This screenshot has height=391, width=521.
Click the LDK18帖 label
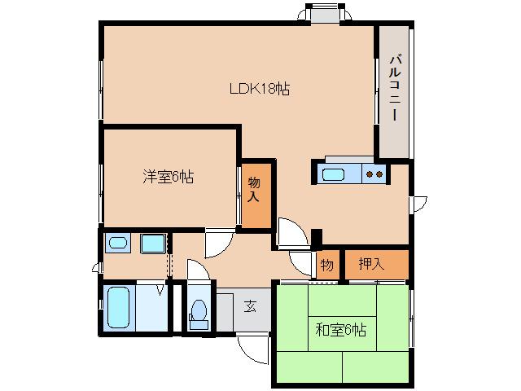[258, 90]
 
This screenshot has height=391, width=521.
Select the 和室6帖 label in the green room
[340, 330]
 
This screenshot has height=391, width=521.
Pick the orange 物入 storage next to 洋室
[254, 191]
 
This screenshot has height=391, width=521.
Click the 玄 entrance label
[251, 306]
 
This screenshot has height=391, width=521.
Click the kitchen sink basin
[335, 174]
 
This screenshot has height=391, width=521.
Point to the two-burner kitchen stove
[374, 174]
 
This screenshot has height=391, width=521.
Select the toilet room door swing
[197, 270]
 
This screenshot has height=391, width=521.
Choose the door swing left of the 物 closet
[303, 262]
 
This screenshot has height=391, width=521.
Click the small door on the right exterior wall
[418, 202]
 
